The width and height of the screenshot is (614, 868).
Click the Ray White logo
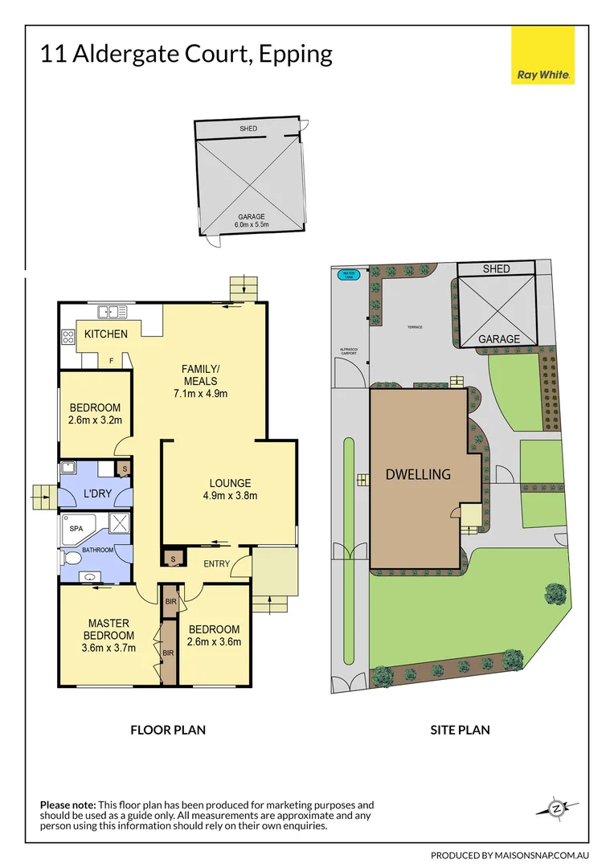(542, 55)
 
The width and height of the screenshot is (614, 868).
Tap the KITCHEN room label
(106, 334)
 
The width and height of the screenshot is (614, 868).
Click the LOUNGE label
(231, 483)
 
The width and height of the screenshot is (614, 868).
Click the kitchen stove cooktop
(67, 338)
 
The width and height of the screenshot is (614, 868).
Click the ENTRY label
(216, 563)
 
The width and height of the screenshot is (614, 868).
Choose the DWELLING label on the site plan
(418, 474)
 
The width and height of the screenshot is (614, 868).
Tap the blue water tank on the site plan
(348, 274)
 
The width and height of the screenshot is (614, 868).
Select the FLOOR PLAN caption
(168, 730)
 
